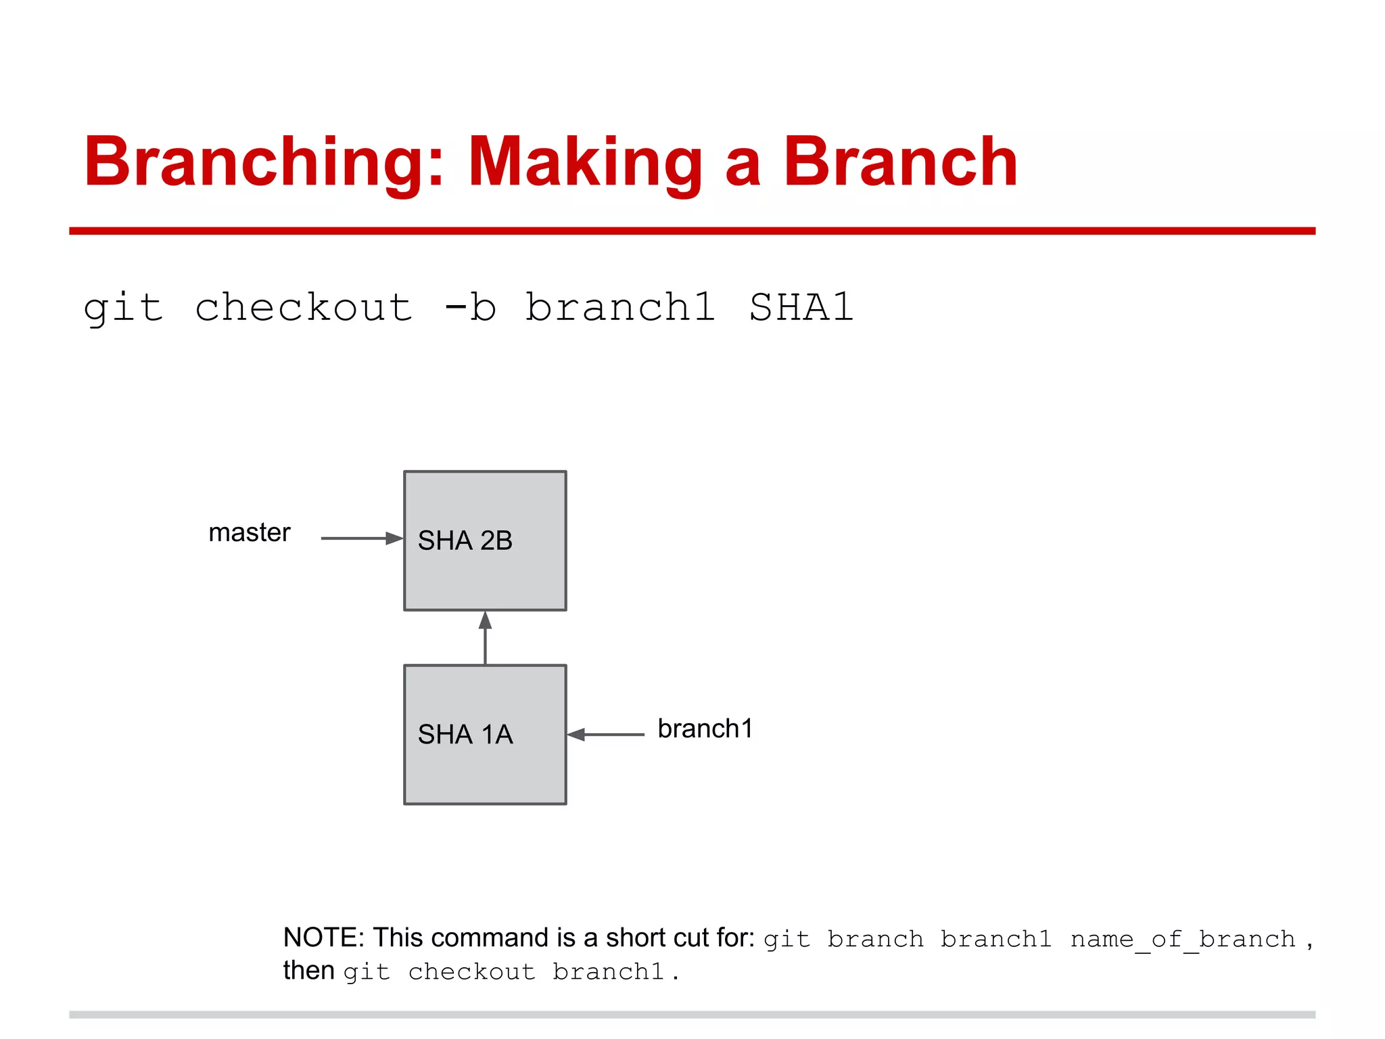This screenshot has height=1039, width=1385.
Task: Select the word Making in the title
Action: tap(585, 162)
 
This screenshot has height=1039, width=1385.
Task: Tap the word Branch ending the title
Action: tap(899, 162)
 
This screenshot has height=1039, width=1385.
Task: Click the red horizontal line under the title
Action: tap(692, 231)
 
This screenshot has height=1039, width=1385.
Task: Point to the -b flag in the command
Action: tap(471, 308)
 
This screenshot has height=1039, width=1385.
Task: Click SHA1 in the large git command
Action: tap(801, 308)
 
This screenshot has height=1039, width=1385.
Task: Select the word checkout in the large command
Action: tap(304, 308)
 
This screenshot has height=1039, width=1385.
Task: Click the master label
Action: tap(249, 533)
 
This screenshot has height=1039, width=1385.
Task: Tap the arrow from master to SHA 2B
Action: tap(361, 538)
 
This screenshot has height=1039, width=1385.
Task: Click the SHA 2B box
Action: tap(485, 541)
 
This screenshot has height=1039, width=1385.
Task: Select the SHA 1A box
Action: tap(485, 735)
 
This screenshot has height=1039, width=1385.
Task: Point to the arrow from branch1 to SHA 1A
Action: tap(606, 734)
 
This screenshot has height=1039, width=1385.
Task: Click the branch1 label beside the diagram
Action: tap(705, 729)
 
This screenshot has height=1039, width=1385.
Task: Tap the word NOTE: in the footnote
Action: tap(323, 938)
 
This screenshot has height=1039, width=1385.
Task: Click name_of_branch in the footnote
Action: tap(1182, 940)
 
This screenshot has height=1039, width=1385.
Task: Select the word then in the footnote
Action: tap(308, 971)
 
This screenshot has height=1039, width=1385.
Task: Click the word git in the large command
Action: tap(123, 308)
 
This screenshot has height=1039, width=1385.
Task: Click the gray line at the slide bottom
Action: tap(692, 1015)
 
